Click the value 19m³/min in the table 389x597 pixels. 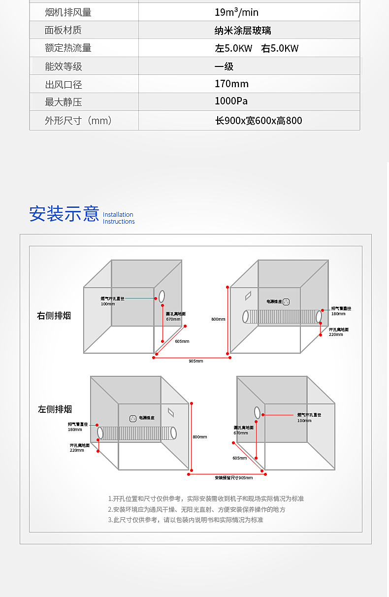point(236,13)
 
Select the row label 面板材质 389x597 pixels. point(63,31)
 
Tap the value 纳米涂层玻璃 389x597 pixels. point(243,31)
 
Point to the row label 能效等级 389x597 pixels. point(63,66)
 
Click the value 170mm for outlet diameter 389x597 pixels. point(231,84)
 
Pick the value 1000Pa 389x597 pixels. point(231,101)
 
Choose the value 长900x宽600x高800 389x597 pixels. point(259,121)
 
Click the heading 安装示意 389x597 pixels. point(64,214)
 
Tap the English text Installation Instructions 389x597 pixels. point(119,218)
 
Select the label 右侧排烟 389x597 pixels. point(54,316)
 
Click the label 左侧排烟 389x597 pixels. point(55,409)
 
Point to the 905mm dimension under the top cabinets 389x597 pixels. point(195,361)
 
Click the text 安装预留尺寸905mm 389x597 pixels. point(233,478)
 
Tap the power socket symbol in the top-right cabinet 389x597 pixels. point(286,301)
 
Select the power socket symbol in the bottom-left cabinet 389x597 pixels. point(132,419)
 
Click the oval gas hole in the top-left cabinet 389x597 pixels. point(162,297)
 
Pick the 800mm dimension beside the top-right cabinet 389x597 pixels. point(218,319)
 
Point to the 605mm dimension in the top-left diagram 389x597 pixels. point(182,341)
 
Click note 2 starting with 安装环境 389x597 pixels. point(196,510)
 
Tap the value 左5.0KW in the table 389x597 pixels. point(233,49)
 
